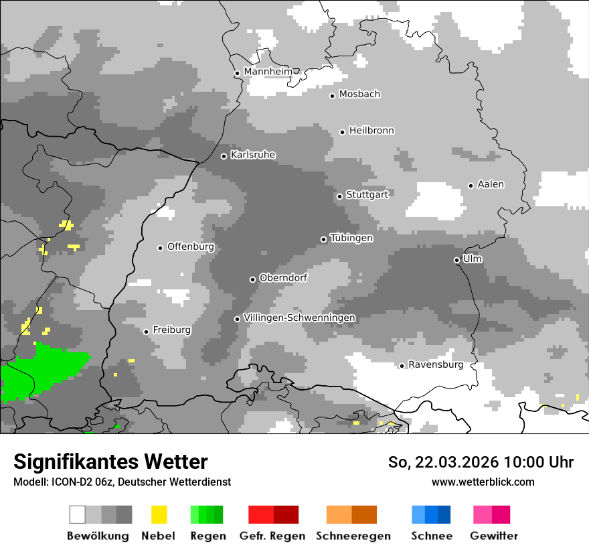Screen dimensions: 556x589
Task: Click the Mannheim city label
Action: (268, 72)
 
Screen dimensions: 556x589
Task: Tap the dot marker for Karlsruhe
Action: (224, 156)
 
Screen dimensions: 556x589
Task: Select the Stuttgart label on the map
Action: (367, 195)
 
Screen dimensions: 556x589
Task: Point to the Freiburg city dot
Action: (146, 332)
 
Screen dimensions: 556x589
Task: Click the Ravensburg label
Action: (436, 365)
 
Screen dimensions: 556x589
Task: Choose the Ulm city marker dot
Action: (457, 260)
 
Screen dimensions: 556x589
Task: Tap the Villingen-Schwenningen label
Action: (299, 318)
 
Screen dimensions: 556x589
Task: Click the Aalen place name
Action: (491, 184)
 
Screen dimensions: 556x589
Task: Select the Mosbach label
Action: (359, 94)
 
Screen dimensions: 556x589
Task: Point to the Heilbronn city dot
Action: (342, 132)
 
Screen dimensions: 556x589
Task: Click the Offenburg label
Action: (191, 247)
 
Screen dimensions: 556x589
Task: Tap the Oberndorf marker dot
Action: (252, 279)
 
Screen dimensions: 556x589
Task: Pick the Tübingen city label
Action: (351, 238)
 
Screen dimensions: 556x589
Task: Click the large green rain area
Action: (40, 372)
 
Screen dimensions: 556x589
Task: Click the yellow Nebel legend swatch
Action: (159, 514)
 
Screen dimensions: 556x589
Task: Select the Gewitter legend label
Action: (493, 536)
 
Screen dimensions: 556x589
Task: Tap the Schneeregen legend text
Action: (352, 536)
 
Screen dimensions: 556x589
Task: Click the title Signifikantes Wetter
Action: (110, 462)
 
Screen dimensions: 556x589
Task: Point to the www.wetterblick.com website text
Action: (483, 482)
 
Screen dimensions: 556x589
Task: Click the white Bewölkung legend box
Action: (78, 514)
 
